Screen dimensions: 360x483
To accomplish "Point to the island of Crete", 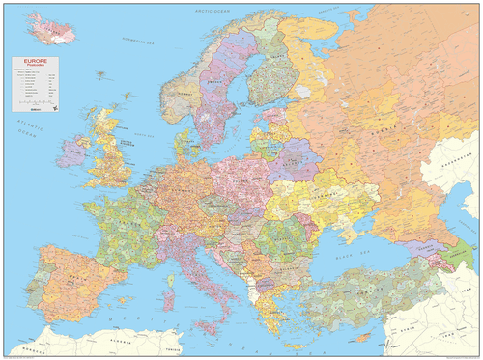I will pos(289,339).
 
